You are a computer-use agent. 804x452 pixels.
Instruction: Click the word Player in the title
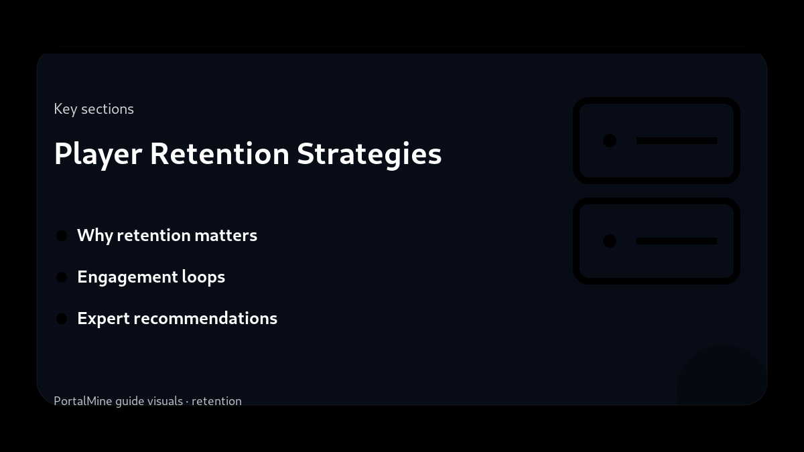(98, 154)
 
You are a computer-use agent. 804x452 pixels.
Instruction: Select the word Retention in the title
(219, 154)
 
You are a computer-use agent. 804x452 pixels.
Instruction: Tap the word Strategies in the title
(369, 154)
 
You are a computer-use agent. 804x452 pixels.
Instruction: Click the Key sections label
(94, 109)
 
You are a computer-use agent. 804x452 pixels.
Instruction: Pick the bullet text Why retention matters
(167, 236)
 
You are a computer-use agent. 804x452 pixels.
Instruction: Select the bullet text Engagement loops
(151, 277)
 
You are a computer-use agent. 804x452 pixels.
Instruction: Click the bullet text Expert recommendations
(177, 319)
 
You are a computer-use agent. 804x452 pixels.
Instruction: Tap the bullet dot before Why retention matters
(62, 236)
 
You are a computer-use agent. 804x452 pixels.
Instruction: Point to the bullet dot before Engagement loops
(62, 277)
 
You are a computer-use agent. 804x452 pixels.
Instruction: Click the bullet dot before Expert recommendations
(62, 319)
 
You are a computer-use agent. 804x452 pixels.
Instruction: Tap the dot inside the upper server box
(610, 141)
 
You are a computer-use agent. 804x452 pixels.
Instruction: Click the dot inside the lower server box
(610, 241)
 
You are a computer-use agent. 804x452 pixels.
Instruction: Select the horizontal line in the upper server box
(676, 141)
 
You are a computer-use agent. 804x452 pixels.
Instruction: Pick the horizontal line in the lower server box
(676, 241)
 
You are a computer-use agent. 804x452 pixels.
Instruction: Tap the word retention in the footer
(216, 401)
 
